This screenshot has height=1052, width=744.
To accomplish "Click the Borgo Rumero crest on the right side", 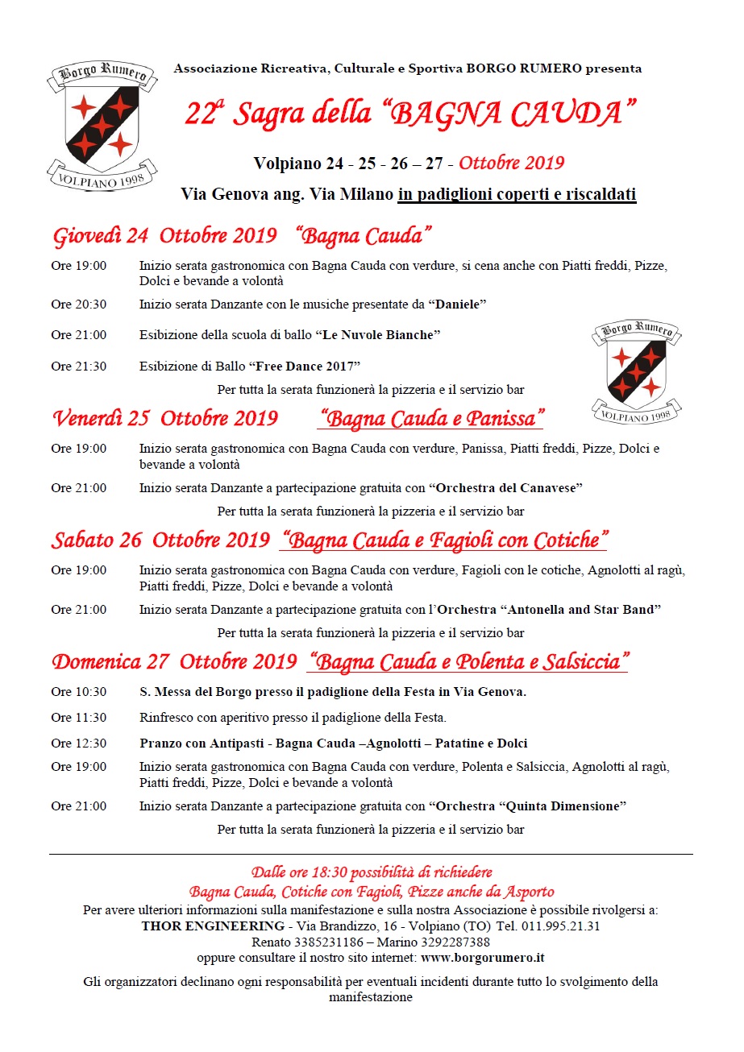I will click(637, 371).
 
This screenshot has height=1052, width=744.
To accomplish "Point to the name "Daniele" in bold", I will click(458, 304).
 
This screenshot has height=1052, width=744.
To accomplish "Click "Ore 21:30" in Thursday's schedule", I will click(78, 366).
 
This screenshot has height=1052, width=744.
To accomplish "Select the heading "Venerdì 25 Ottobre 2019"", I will click(165, 419).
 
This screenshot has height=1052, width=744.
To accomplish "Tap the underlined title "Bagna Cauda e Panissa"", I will click(431, 419).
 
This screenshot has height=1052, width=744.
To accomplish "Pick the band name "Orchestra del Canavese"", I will click(505, 487).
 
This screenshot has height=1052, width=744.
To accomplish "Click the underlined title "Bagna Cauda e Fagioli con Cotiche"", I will click(444, 540).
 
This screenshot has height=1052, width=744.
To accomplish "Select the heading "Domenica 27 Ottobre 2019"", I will click(174, 662).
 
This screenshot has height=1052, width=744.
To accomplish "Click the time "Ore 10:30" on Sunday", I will click(78, 692).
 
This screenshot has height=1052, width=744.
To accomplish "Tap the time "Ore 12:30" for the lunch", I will click(78, 743).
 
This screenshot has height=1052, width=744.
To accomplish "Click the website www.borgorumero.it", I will click(483, 958).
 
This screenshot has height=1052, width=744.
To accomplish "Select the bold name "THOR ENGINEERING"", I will click(213, 926).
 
